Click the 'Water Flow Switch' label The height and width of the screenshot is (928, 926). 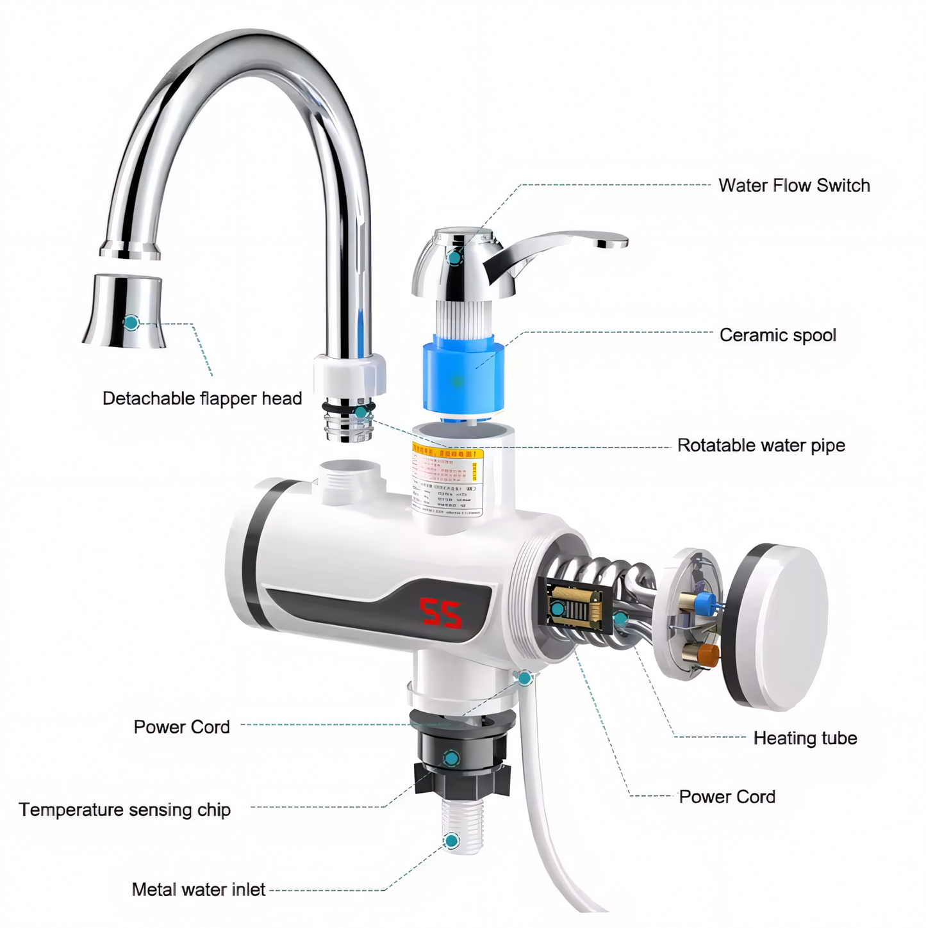click(x=794, y=186)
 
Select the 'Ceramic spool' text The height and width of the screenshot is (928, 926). click(x=777, y=335)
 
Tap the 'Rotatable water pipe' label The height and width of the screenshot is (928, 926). click(x=761, y=445)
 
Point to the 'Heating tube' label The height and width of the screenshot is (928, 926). click(x=805, y=738)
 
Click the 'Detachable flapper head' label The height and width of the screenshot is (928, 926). click(x=202, y=398)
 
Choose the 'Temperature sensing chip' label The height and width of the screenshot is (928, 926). click(x=124, y=810)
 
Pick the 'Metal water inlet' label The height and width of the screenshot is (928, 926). click(x=198, y=890)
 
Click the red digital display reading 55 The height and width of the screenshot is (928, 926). click(x=440, y=613)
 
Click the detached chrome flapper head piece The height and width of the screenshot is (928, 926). click(x=125, y=313)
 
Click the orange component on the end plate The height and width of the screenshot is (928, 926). click(x=707, y=655)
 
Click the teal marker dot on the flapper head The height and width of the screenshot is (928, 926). click(x=131, y=322)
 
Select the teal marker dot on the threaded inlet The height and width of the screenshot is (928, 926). click(x=452, y=841)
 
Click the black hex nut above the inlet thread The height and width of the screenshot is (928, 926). click(x=461, y=779)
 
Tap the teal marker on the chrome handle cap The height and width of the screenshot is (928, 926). click(x=454, y=257)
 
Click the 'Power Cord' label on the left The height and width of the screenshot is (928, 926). click(x=181, y=728)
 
